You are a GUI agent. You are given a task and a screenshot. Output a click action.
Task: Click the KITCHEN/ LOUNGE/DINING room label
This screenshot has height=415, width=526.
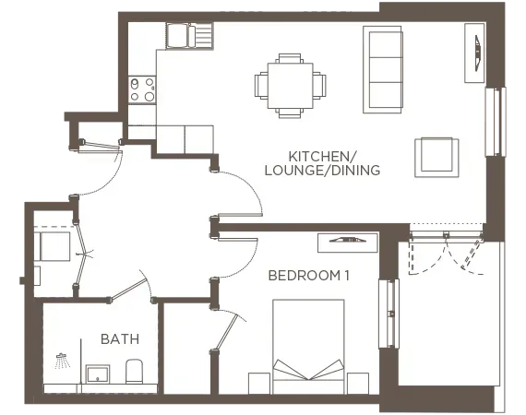tap(334, 162)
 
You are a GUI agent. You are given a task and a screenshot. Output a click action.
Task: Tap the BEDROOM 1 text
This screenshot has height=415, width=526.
tap(309, 276)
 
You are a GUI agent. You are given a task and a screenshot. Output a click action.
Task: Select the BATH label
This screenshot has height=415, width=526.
tap(120, 339)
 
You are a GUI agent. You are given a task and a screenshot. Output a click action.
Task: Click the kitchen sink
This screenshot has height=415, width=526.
tap(188, 36)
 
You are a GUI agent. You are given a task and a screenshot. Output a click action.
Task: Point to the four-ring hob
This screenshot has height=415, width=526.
tap(142, 89)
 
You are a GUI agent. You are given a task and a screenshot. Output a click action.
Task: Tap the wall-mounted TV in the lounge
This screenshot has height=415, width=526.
tap(477, 53)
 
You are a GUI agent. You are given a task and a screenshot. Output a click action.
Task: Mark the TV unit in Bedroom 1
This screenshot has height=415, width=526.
tap(347, 242)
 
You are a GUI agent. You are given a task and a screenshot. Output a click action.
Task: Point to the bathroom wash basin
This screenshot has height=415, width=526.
tap(97, 373)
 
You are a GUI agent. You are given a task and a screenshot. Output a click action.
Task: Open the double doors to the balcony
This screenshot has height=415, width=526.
tap(447, 251)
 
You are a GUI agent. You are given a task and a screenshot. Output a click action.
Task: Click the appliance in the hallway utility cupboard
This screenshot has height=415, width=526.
tap(54, 247)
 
